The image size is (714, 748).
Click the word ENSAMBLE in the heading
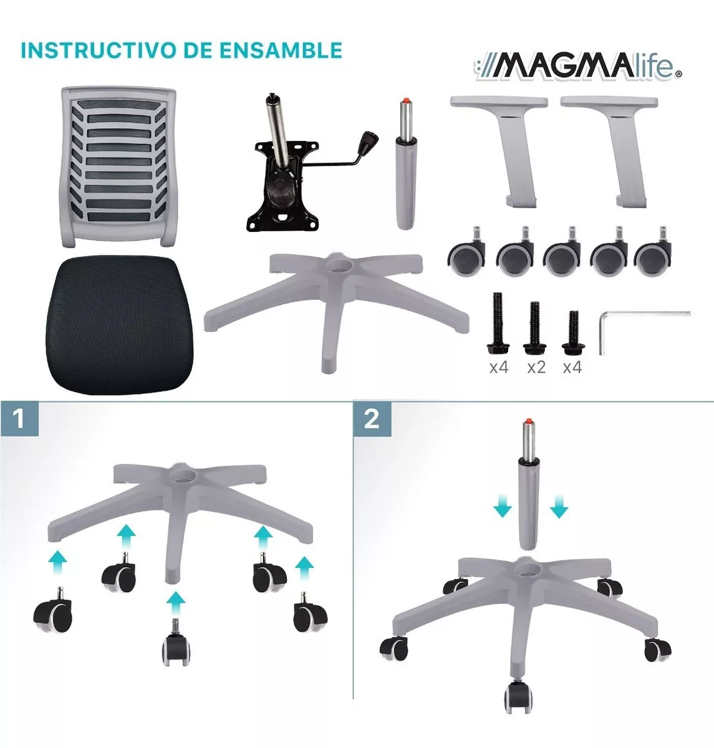[x=281, y=50]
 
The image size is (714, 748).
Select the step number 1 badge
[x=20, y=420]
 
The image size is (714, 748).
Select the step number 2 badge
[x=372, y=420]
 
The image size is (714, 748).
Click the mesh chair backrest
[x=118, y=168]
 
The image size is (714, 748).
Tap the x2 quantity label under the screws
[x=536, y=367]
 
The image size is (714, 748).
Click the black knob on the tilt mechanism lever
[x=369, y=141]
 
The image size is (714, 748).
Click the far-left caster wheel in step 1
[x=52, y=611]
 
